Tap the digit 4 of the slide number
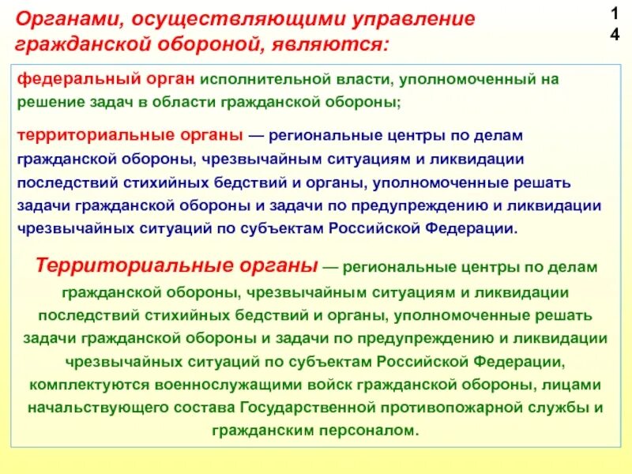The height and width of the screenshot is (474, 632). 615,35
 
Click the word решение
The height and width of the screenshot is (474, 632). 47,102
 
